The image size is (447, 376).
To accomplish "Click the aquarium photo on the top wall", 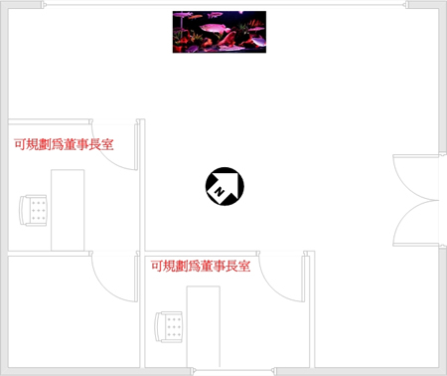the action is point(220,32).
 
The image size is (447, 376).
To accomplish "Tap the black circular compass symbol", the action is point(223,186).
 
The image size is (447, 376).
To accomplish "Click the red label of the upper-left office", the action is point(64,144).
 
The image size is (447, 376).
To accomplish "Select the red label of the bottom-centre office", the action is point(200,267).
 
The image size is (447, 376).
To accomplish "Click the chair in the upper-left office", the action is point(35,211).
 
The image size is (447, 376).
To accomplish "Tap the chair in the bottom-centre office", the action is point(170,326).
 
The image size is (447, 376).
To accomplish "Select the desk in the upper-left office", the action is point(68,209).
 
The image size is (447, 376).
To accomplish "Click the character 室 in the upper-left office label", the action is point(106,144).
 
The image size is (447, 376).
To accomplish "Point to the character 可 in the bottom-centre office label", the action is point(157,267).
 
